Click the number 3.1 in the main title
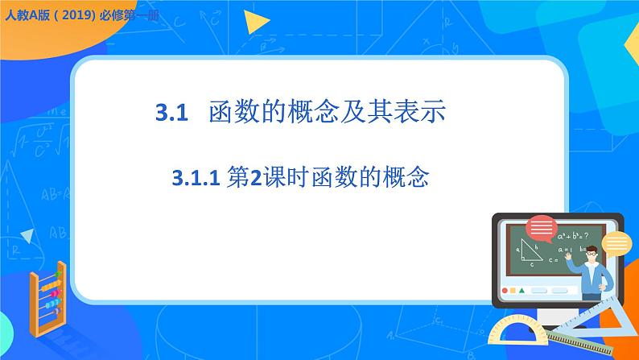171,113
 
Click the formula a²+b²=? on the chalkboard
572,236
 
